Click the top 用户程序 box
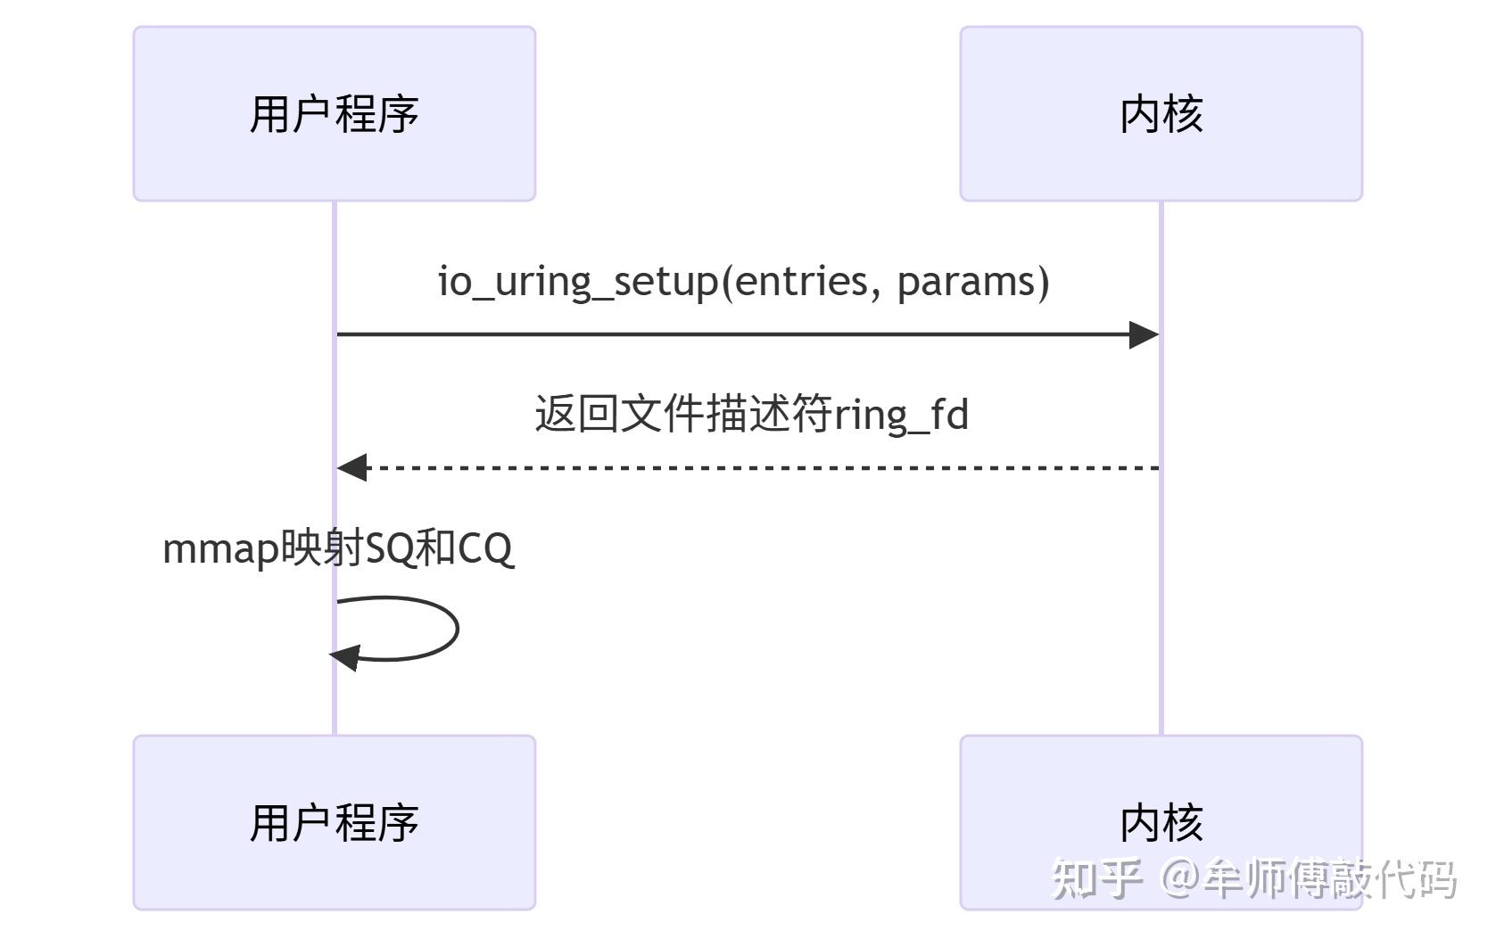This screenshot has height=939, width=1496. point(334,113)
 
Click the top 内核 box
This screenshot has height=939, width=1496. point(1161,113)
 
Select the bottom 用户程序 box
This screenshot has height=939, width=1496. point(334,821)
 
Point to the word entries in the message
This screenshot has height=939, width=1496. point(800,282)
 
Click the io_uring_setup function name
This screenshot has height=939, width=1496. point(577,282)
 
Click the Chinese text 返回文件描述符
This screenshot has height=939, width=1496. point(682,415)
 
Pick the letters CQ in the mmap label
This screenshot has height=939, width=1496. point(485,549)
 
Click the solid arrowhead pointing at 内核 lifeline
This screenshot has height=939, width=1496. point(1144,335)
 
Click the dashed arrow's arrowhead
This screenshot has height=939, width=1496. point(351,467)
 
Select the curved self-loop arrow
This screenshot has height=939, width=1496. point(456,628)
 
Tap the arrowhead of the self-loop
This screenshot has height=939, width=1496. point(344,658)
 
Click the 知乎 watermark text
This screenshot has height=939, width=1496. point(1096,878)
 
